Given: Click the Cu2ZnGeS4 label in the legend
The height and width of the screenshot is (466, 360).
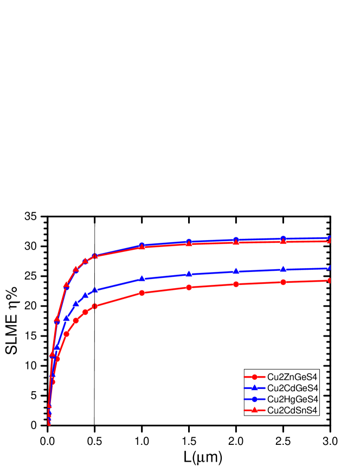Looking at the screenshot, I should point(292,377).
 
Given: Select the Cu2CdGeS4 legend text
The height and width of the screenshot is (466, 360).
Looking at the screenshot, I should point(292,388).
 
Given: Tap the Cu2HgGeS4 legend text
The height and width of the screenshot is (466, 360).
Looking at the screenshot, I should point(292,399).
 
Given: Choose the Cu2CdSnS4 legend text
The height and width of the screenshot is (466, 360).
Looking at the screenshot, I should point(292,410).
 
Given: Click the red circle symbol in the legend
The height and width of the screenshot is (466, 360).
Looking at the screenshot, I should point(254,377).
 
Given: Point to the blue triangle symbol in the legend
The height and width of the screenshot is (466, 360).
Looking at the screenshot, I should point(254,388).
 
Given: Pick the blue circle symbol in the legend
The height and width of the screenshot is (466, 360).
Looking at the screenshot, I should point(254,399).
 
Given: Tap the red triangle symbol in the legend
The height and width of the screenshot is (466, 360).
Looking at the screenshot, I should point(254,410).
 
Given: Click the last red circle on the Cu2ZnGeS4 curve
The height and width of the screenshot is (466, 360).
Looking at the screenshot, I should point(330,280).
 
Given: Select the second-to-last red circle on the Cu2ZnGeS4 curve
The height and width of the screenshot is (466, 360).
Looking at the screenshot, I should point(283,282).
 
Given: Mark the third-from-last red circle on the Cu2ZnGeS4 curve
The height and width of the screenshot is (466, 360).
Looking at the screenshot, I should point(236,284).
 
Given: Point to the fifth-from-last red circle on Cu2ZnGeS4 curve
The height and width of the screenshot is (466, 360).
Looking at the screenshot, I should point(142,293).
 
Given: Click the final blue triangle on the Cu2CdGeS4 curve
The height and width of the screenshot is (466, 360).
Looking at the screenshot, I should point(330,268).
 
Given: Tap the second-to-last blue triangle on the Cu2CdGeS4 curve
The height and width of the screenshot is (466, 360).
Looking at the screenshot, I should point(283,269).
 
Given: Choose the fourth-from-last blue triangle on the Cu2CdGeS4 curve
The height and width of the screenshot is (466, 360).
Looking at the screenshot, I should point(189,274).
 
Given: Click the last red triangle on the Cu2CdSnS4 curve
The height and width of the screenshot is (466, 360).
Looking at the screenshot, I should point(330,240).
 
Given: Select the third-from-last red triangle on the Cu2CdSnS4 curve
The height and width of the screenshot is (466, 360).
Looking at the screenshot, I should point(236,242).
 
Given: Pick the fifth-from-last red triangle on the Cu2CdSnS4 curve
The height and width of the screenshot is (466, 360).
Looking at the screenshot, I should point(142,247).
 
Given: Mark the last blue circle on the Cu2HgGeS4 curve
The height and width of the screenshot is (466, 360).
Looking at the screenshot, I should point(330,238).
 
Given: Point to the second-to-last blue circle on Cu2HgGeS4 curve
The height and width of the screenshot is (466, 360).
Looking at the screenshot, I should point(283,239).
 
